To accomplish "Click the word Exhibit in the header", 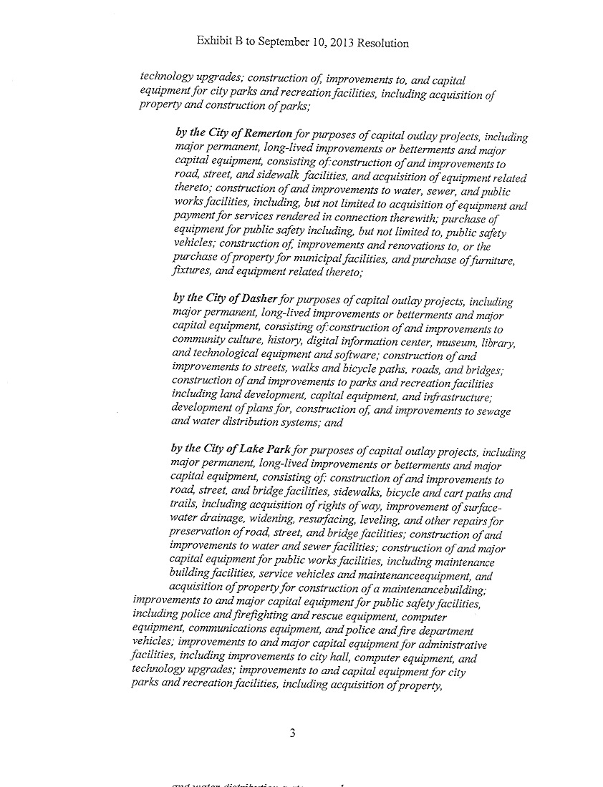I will tap(213, 41).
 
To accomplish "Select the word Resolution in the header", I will tap(382, 43).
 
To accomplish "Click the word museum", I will tap(442, 342).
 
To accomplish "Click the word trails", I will tap(185, 507).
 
